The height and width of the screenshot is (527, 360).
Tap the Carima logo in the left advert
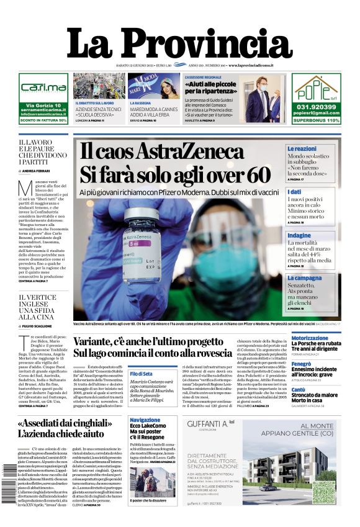coord(43,88)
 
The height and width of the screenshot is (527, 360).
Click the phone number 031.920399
coord(317,106)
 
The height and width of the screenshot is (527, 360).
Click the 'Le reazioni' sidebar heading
coord(302,149)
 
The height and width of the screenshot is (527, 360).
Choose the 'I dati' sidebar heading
coord(295,192)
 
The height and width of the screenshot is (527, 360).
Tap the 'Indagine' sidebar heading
coord(299,236)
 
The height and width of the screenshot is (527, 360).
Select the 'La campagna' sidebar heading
coord(304,279)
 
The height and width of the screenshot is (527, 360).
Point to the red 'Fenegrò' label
coord(301,364)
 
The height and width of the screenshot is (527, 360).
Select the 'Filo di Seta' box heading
coord(141,374)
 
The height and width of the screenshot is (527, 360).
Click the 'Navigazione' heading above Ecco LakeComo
coord(145,420)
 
